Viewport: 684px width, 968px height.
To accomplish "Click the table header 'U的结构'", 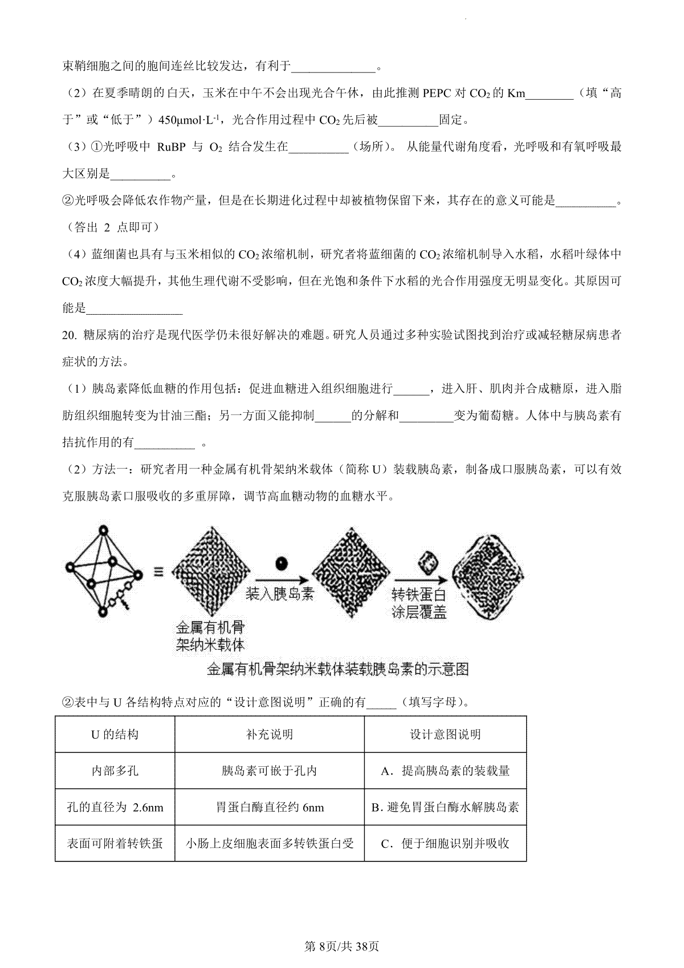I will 115,734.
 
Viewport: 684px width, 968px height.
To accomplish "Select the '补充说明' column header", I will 269,734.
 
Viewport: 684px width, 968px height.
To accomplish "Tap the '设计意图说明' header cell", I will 445,734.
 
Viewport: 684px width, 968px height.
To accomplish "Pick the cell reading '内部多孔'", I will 115,771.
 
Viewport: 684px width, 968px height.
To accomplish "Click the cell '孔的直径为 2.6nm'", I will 115,807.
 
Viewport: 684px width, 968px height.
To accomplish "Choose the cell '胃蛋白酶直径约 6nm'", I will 269,807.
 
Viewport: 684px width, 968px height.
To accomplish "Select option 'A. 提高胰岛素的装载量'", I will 445,771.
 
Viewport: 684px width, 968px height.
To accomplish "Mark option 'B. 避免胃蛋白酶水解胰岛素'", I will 445,807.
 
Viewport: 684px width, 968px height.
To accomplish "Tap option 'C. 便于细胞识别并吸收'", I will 445,843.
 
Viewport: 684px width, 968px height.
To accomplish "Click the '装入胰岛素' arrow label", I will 279,593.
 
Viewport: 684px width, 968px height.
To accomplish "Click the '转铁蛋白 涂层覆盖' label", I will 419,603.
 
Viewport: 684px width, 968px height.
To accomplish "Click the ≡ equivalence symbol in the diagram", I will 159,572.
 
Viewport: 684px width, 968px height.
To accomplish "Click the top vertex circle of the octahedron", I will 103,531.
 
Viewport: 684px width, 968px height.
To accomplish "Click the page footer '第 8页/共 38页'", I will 342,947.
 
